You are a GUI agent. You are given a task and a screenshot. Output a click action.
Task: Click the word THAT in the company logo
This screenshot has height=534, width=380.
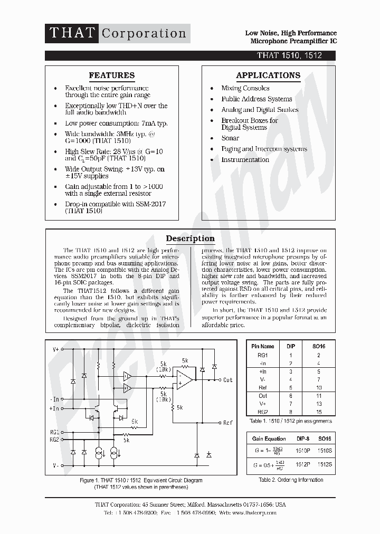[x=71, y=33]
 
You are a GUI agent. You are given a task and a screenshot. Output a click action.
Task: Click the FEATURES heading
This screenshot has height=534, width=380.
[x=111, y=75]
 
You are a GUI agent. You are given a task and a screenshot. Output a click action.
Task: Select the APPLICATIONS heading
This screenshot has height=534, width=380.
[x=268, y=75]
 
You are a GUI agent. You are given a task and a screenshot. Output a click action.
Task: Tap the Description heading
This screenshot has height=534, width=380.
[x=190, y=239]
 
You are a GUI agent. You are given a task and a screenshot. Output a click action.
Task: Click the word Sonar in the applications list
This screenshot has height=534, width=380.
[x=230, y=138]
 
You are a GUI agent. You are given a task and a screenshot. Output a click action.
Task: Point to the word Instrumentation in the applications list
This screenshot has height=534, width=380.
[x=245, y=160]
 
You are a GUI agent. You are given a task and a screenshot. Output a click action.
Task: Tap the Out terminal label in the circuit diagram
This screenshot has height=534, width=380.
[x=227, y=380]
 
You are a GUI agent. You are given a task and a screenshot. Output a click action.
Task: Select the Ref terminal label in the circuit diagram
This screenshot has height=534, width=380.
[x=227, y=423]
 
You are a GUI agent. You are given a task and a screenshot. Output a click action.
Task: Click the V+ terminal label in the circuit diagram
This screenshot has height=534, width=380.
[x=55, y=349]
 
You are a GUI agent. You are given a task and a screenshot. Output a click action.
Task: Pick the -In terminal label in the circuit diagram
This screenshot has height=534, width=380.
[x=55, y=399]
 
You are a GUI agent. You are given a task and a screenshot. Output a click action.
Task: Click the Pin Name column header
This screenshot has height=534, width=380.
[x=262, y=347]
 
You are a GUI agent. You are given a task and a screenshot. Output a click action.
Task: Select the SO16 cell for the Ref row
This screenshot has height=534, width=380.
[x=318, y=388]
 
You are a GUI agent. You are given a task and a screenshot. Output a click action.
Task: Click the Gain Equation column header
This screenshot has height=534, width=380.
[x=269, y=439]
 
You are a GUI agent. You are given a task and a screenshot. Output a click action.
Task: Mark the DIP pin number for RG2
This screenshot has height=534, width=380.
[x=291, y=412]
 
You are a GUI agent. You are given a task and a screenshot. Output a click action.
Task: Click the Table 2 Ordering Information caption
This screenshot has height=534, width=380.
[x=291, y=480]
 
